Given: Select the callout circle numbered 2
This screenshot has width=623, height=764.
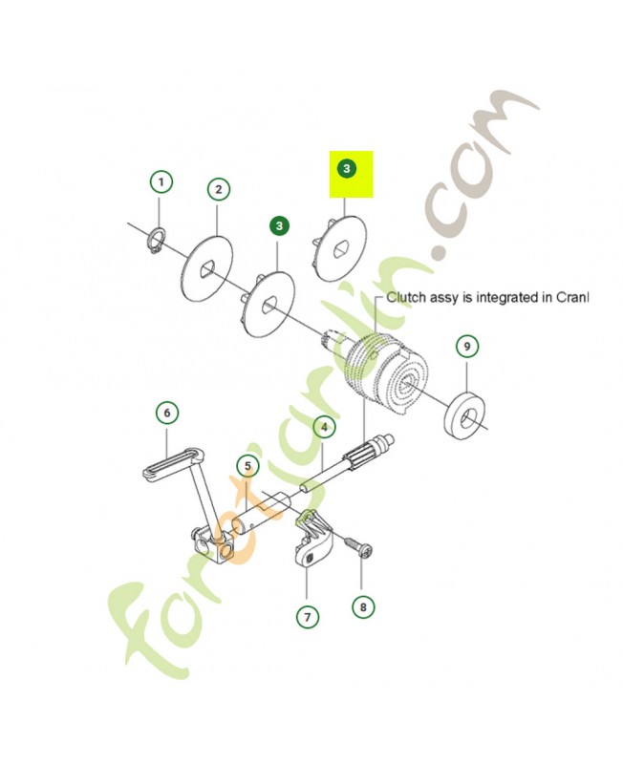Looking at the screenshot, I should [x=218, y=189].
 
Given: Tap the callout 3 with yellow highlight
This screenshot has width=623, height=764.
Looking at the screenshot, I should [x=347, y=169].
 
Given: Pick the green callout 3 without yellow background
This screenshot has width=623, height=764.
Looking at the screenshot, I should [x=278, y=226].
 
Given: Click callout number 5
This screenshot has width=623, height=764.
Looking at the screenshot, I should [x=247, y=466].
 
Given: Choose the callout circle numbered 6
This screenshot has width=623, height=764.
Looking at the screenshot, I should [x=167, y=413].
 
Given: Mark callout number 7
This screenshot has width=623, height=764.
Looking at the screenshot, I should [x=307, y=618].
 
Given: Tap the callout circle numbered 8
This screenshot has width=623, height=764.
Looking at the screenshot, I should [x=362, y=605].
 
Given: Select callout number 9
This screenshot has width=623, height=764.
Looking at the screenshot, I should [x=466, y=346].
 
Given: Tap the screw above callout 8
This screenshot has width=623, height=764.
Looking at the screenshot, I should [x=357, y=549].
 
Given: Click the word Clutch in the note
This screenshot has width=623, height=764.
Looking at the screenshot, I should [x=406, y=297].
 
